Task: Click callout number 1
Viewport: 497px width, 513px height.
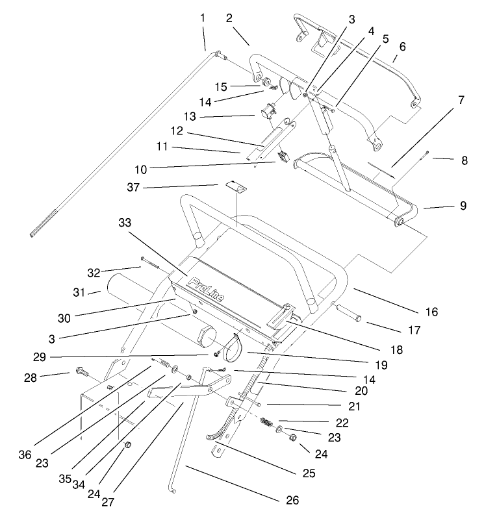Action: point(203,18)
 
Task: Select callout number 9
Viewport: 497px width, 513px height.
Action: point(463,205)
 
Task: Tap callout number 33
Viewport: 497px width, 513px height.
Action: point(125,223)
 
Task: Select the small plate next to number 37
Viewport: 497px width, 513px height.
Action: point(236,188)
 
